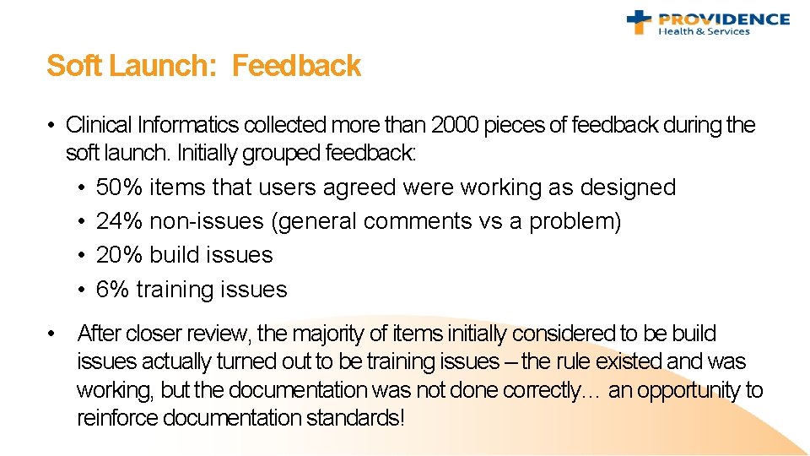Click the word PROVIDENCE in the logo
(x=724, y=19)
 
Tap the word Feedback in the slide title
(x=296, y=66)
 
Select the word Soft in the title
(x=73, y=66)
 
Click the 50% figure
(x=119, y=187)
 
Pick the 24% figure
(x=119, y=221)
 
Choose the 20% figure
(x=119, y=255)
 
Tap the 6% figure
(x=112, y=290)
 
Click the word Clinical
(x=99, y=126)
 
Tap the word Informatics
(x=187, y=126)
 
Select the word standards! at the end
(x=355, y=418)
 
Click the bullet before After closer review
(x=52, y=334)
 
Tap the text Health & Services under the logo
(x=704, y=32)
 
